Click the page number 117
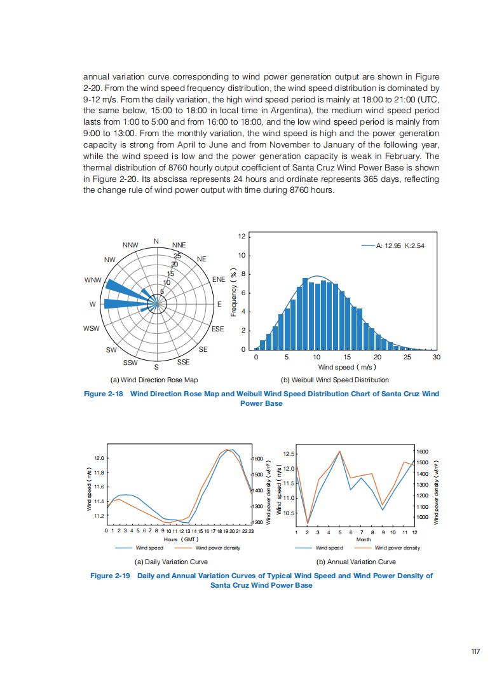pos(475,651)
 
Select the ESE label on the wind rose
pos(218,329)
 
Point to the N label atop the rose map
pos(156,241)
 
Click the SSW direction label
pos(130,363)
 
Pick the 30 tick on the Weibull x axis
pos(436,357)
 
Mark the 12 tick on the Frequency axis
pos(242,237)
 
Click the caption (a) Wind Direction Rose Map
pos(154,380)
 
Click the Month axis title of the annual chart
pos(364,539)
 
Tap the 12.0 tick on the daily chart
pos(99,458)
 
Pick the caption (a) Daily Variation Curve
pos(172,562)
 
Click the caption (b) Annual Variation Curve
pos(356,562)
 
